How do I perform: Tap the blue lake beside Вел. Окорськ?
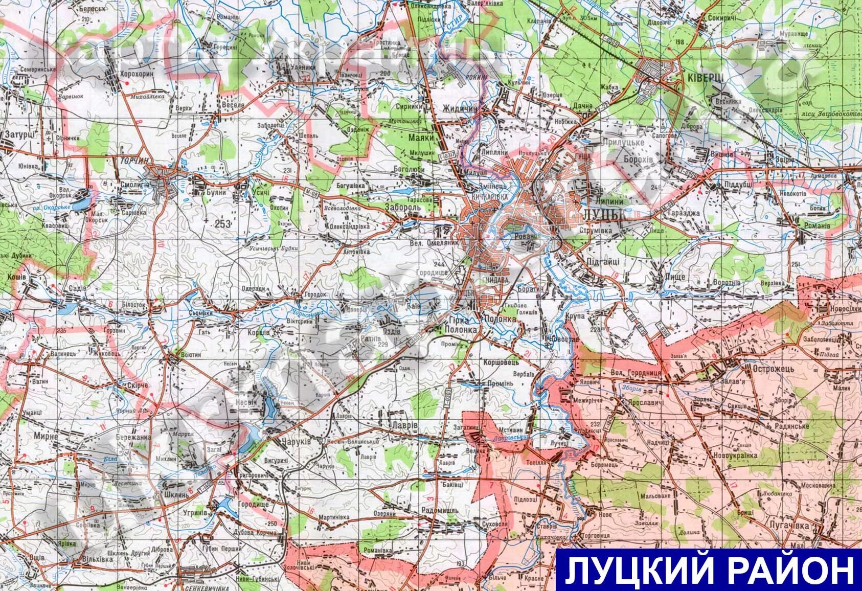[x=80, y=203]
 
